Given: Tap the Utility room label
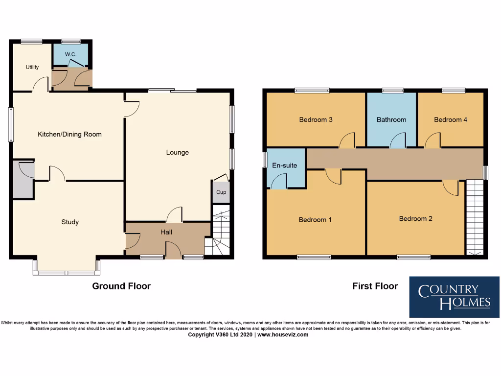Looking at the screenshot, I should click(32, 67).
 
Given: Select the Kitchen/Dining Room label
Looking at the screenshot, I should click(69, 134).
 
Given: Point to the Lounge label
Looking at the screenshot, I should click(177, 152).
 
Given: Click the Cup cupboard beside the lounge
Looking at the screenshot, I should click(221, 192).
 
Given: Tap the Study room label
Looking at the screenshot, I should click(70, 222).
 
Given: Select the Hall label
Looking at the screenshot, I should click(166, 232).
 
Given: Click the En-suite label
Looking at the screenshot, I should click(284, 165).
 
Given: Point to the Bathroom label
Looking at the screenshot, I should click(391, 119).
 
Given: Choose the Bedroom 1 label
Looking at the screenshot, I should click(315, 219).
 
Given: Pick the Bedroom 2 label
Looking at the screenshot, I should click(415, 218).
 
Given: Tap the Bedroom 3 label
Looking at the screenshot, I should click(316, 119).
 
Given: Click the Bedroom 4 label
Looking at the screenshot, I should click(451, 119).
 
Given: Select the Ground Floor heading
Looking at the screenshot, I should click(121, 286).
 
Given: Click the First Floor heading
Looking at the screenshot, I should click(375, 286).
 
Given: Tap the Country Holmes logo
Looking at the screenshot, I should click(454, 297).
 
